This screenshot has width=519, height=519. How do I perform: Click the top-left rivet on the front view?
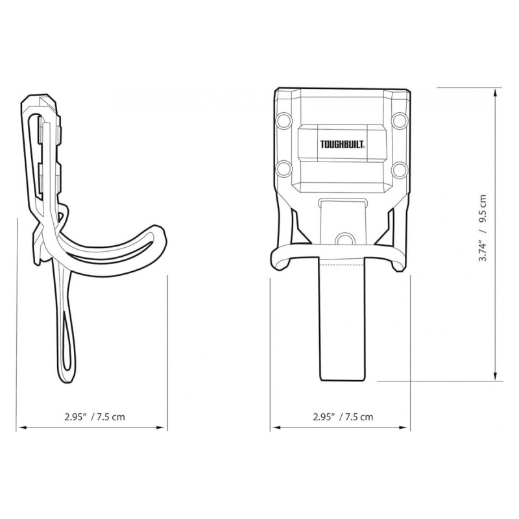pos(284,120)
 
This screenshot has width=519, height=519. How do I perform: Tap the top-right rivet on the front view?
pos(398,120)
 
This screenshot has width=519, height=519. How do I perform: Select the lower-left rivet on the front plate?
pos(284,169)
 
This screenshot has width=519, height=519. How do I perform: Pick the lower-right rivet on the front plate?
pos(398,169)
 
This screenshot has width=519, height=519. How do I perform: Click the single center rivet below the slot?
pos(344,238)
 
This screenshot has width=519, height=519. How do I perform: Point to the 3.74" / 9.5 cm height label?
pos(483,228)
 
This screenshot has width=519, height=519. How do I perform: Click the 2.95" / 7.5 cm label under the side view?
pos(95,416)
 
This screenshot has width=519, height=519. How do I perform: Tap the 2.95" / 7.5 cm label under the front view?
pos(343,416)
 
